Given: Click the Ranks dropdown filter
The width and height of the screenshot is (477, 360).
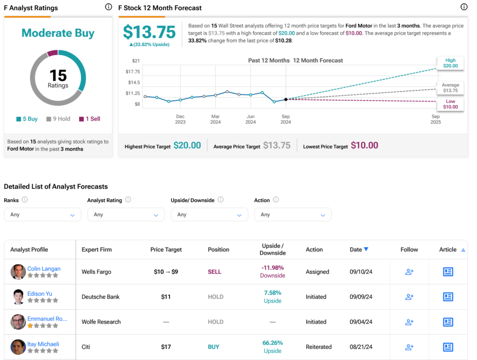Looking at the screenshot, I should [x=42, y=215].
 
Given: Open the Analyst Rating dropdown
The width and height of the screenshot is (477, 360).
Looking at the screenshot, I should [x=126, y=215].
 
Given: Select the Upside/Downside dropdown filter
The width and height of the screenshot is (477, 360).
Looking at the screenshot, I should [x=209, y=215].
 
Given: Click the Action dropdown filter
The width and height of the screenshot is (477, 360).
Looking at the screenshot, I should [x=293, y=215].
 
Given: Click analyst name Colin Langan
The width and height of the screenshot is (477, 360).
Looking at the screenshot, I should [x=44, y=269].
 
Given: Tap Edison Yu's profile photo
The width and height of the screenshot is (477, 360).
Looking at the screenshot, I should [x=18, y=297].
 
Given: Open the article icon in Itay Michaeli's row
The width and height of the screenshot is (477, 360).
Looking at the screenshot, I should [x=448, y=347].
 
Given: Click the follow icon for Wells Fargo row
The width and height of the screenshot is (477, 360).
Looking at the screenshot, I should [x=409, y=272].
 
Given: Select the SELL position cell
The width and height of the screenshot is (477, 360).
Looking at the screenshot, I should [x=214, y=272].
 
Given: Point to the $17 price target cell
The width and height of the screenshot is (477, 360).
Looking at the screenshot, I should [x=166, y=347].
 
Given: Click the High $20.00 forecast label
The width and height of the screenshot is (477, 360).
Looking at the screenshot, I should [x=450, y=63].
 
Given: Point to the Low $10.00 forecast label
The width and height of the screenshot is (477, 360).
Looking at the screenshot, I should [x=450, y=104].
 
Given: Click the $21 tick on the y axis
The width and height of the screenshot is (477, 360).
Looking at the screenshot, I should [x=136, y=61].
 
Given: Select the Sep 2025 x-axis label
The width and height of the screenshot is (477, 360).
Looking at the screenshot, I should [x=436, y=119].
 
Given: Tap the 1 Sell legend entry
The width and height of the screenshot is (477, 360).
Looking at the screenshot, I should [x=89, y=119].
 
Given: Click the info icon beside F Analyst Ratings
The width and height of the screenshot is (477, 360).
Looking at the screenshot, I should [x=109, y=7].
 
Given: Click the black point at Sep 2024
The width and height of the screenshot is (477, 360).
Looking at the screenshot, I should [x=286, y=99].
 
